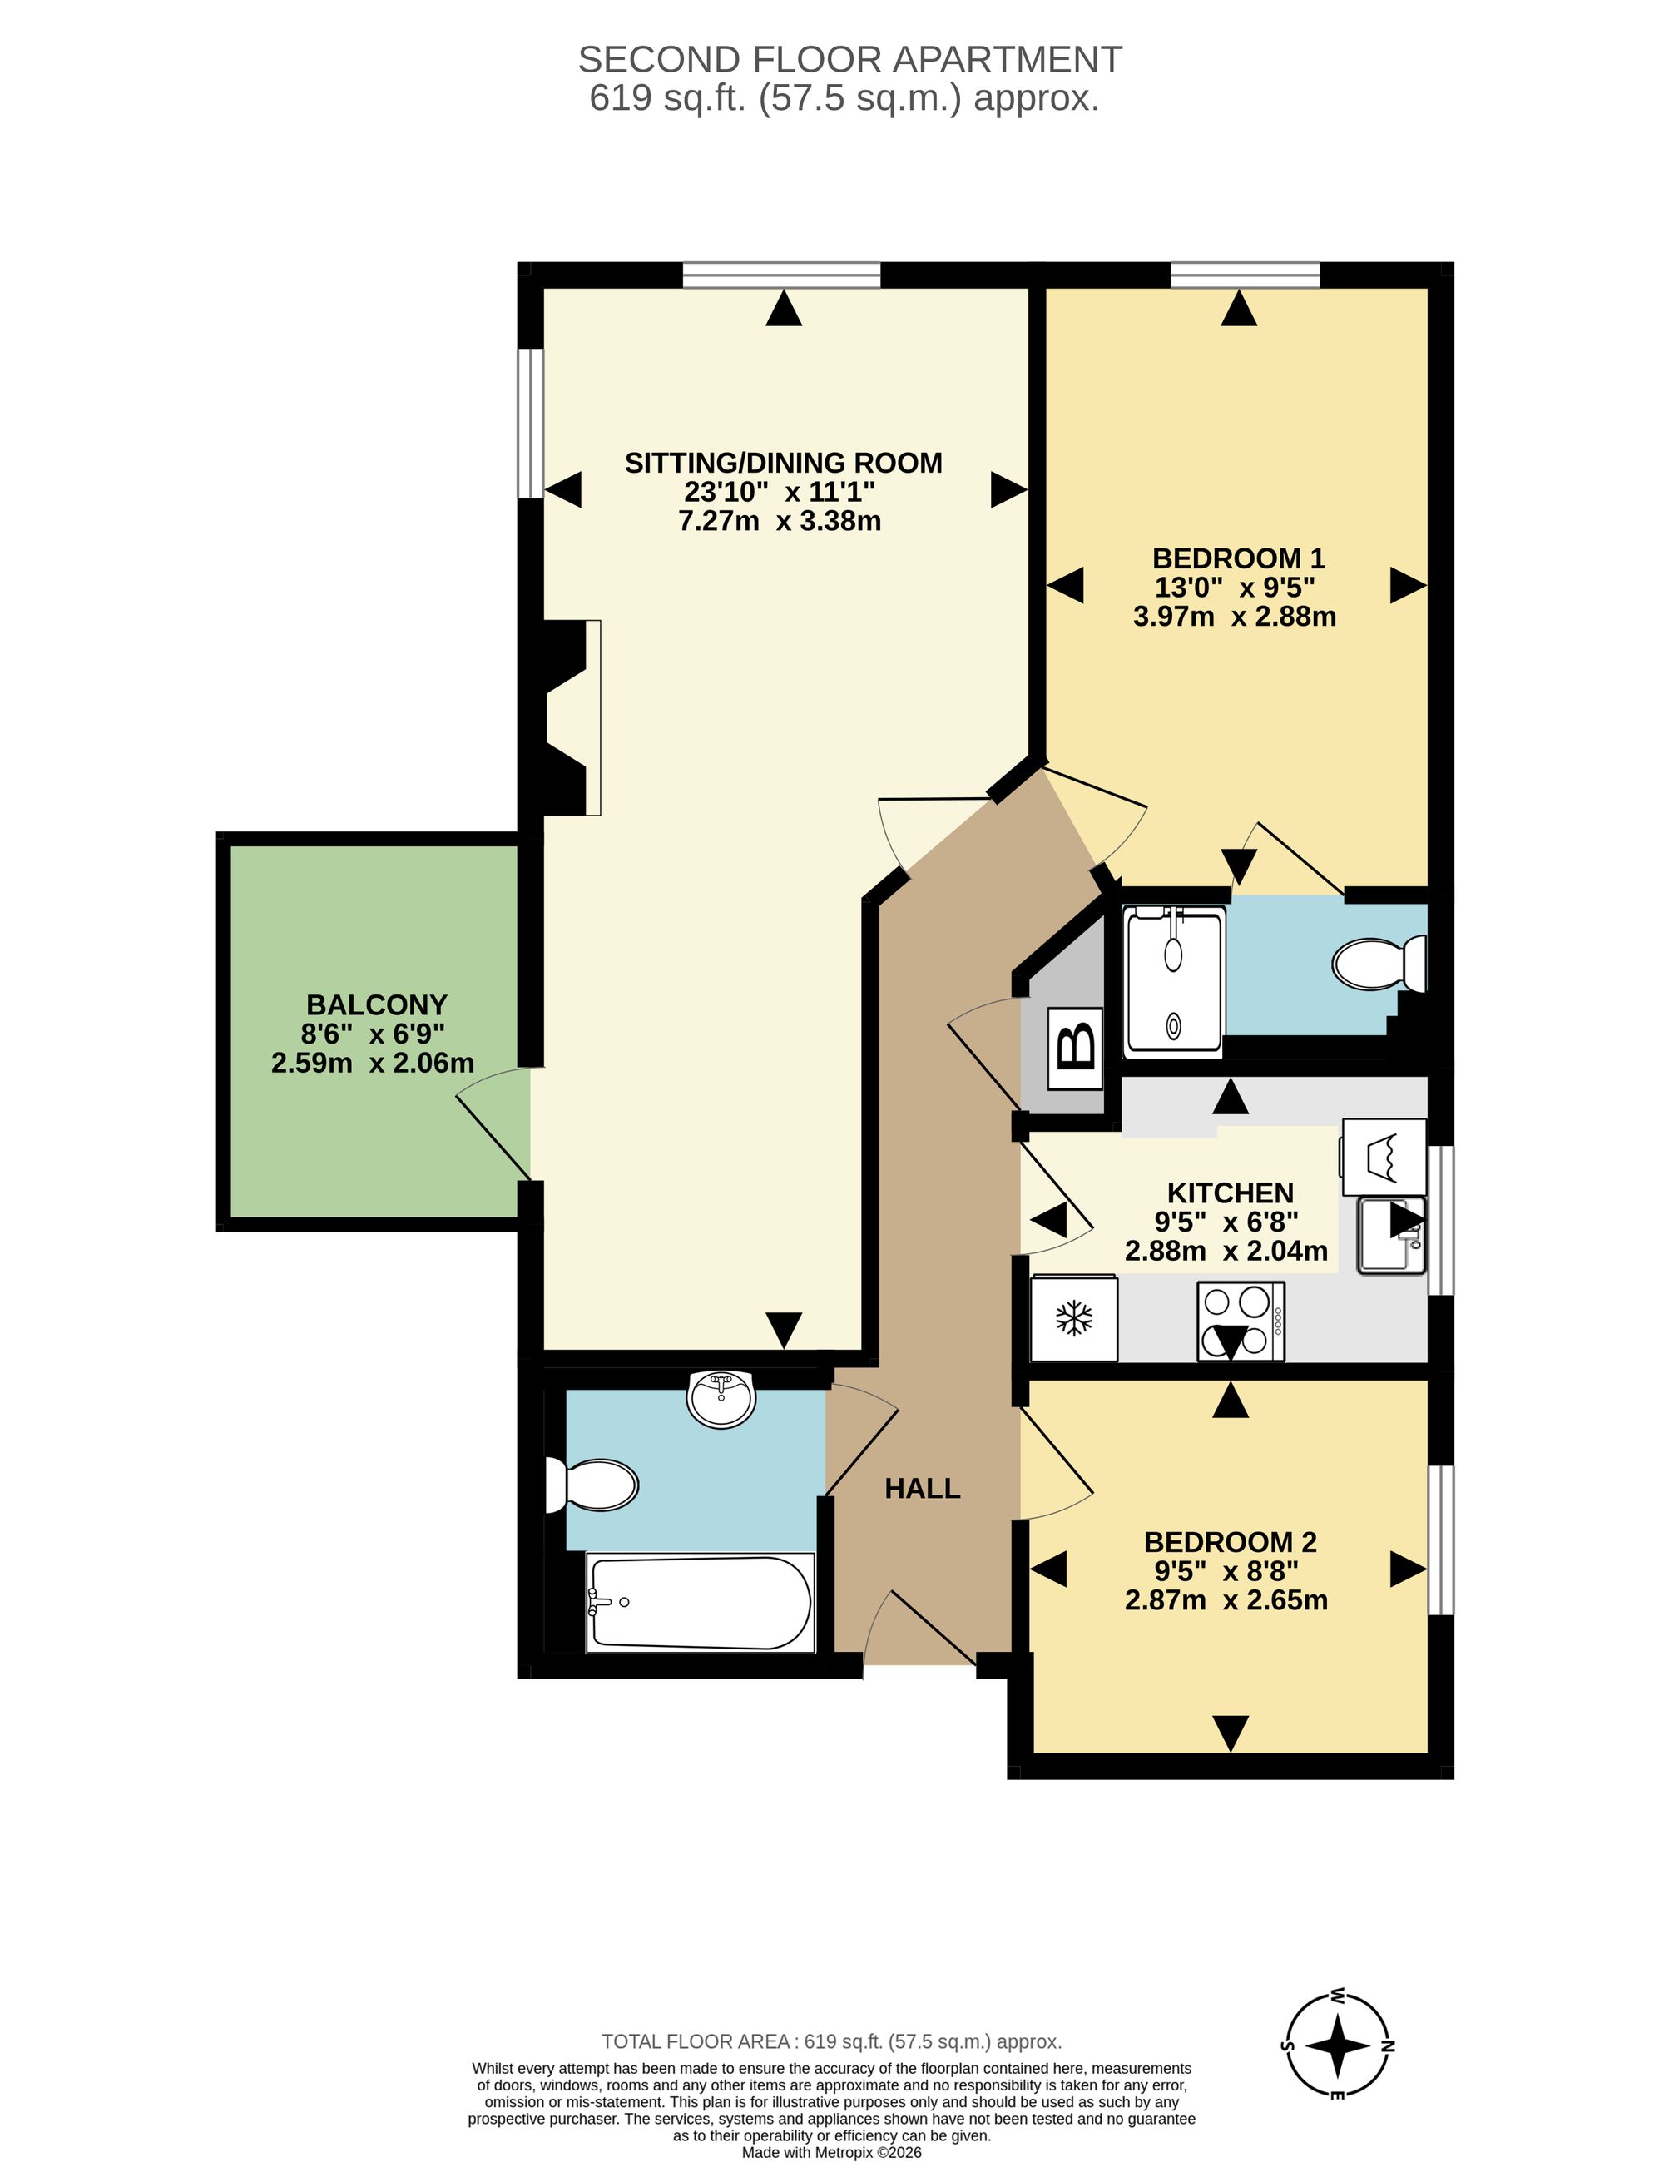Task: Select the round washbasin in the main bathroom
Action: [721, 1399]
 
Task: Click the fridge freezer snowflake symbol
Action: [1074, 1317]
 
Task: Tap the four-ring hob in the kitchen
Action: [1241, 1321]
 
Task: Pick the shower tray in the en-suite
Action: [1174, 980]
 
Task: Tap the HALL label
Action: [923, 1489]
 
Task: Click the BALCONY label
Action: [377, 1004]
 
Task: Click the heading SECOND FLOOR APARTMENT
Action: [849, 59]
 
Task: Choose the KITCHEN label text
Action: [1231, 1193]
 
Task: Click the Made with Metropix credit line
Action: [831, 2152]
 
